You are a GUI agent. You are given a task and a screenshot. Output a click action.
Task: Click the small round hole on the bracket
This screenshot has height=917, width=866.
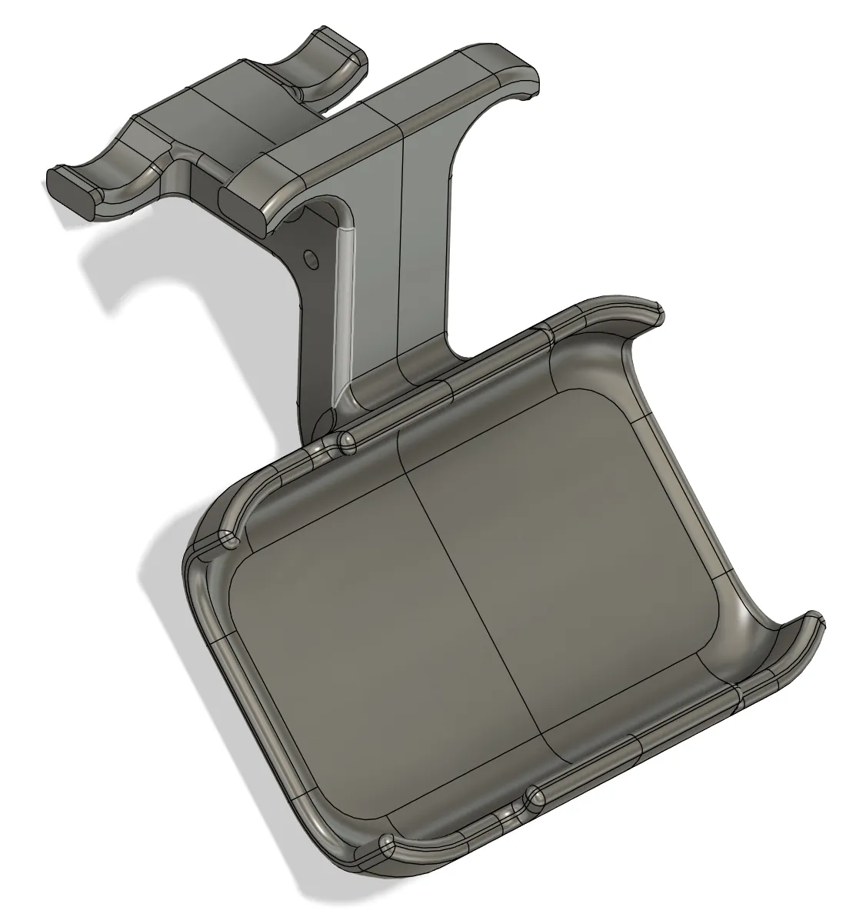(309, 255)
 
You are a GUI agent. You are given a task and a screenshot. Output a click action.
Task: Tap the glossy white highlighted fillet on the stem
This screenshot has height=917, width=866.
(341, 308)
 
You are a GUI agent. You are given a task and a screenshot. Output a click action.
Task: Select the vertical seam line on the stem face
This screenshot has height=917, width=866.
(401, 238)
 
